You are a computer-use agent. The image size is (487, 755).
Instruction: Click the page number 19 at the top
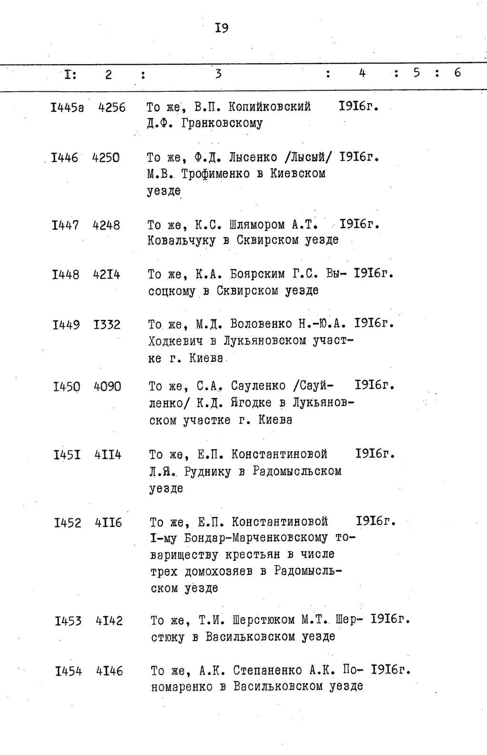point(222,28)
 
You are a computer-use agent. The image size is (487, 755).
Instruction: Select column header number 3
point(218,74)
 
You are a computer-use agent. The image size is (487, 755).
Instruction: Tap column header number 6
point(458,73)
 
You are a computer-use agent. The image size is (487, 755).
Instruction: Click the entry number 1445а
point(67,108)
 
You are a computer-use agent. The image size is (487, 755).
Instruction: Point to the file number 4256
point(112,108)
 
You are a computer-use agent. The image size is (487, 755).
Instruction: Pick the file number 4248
point(106,225)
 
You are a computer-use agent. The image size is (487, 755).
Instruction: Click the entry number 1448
point(66,275)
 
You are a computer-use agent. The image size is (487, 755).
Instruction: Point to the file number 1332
point(107,325)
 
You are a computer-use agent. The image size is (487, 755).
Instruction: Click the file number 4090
point(107,387)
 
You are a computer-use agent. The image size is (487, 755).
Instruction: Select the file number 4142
point(109,621)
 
